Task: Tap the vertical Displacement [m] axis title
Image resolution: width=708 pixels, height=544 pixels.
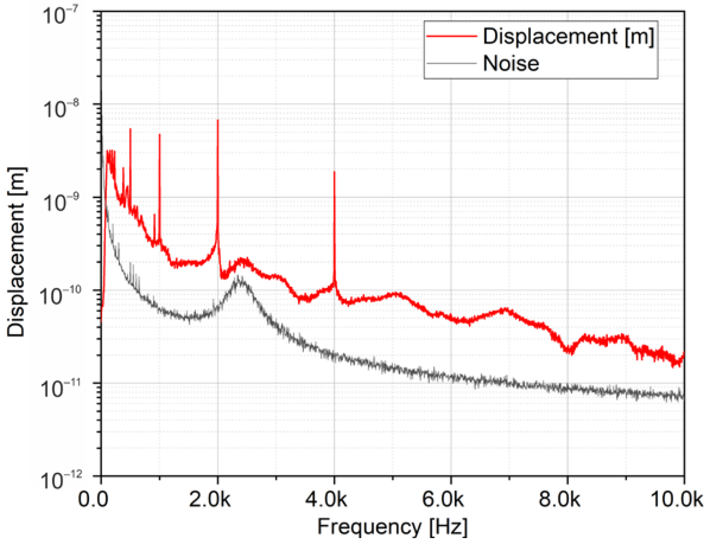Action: click(17, 252)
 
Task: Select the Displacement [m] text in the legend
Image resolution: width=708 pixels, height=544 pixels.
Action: click(568, 36)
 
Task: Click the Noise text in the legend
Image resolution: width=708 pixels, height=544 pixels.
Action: click(511, 64)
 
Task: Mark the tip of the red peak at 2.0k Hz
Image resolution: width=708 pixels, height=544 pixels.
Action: click(217, 120)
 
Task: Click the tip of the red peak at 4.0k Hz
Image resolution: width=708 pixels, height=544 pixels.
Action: click(334, 172)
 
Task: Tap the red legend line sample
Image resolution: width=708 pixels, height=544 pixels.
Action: click(452, 36)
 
